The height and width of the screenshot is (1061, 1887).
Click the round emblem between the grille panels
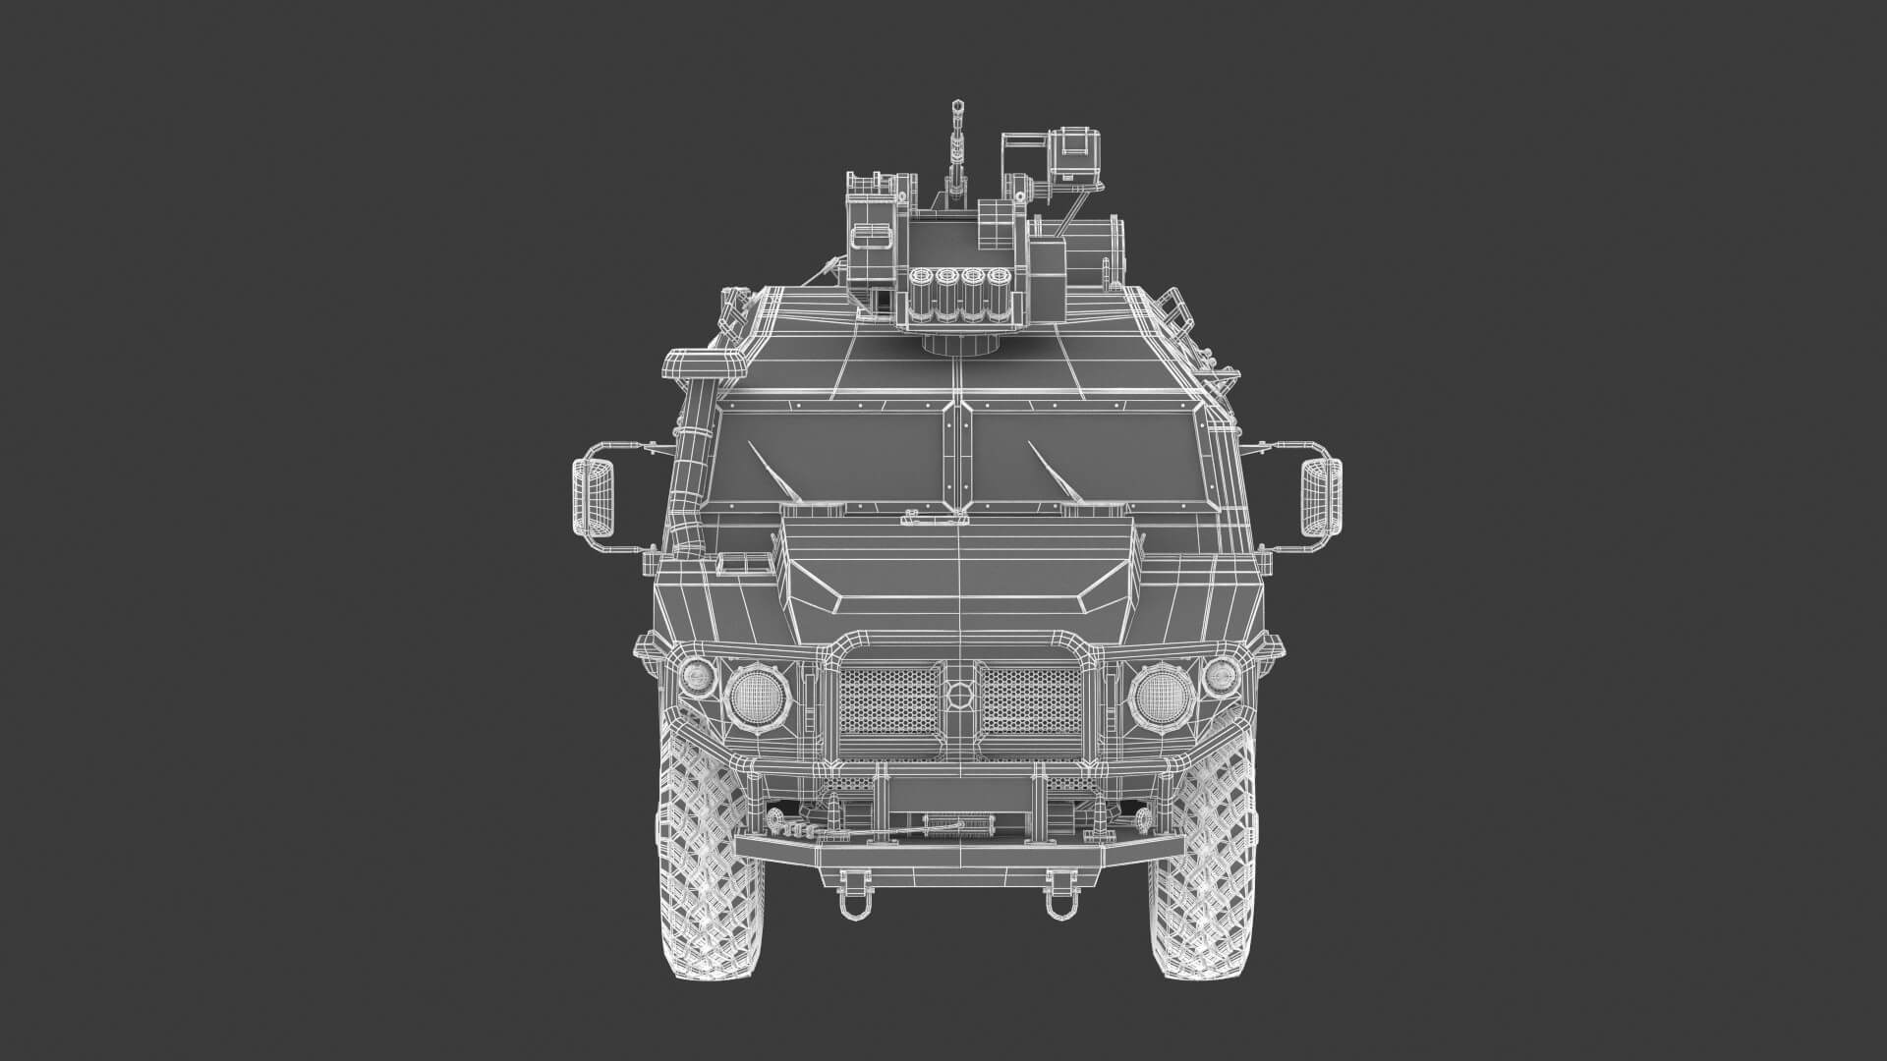coord(956,695)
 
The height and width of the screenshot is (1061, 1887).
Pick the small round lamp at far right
coord(1222,675)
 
